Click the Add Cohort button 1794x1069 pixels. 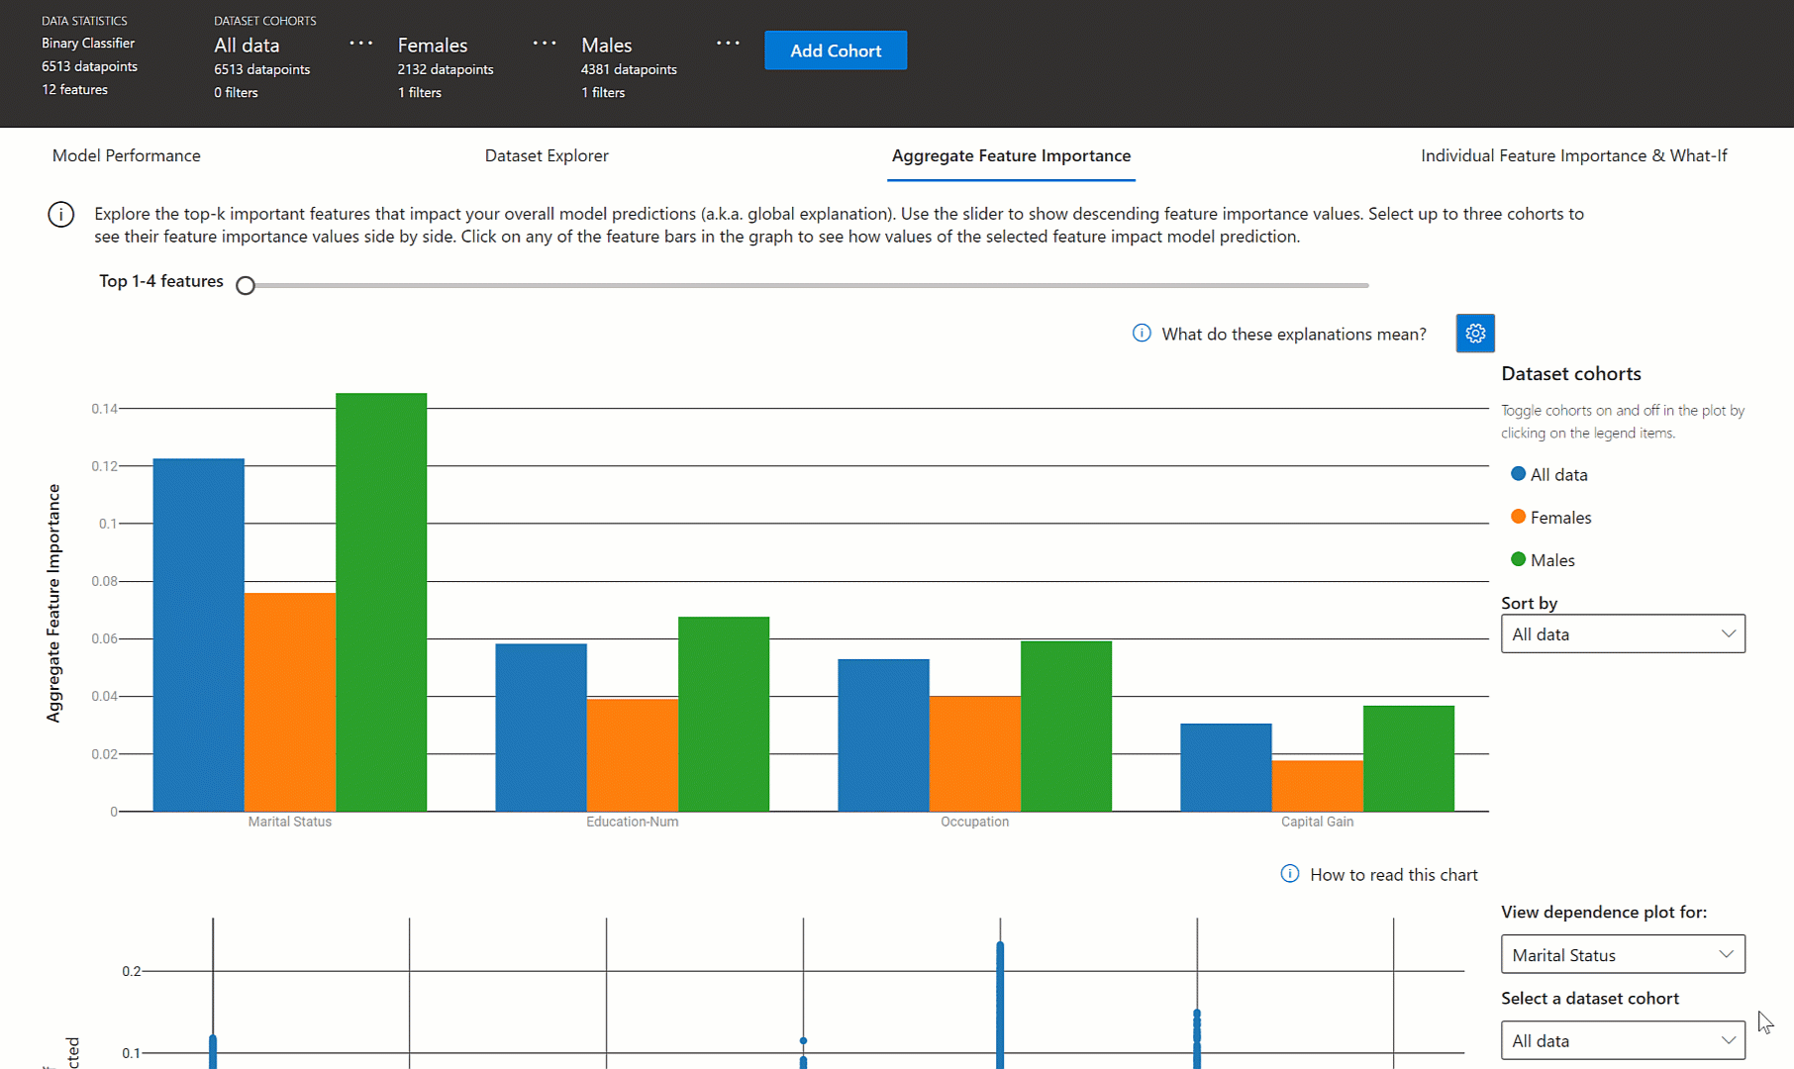[x=836, y=50]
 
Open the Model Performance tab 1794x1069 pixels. [x=126, y=155]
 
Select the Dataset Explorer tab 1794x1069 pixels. [x=547, y=155]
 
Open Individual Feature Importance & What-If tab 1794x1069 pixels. [x=1573, y=155]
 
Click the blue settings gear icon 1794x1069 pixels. [x=1475, y=334]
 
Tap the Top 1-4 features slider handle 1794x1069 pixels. [x=246, y=286]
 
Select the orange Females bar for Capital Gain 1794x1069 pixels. [x=1317, y=786]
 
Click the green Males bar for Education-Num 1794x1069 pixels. [x=724, y=714]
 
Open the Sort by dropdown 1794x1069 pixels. [x=1623, y=634]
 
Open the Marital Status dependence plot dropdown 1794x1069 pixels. [x=1623, y=955]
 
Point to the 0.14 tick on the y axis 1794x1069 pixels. [x=104, y=409]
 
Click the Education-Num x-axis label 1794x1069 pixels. [x=632, y=822]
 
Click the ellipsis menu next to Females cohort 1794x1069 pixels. [x=545, y=44]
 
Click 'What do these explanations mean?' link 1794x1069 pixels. [x=1293, y=335]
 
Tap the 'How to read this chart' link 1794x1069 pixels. [x=1393, y=875]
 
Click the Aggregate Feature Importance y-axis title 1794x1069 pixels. [x=53, y=603]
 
